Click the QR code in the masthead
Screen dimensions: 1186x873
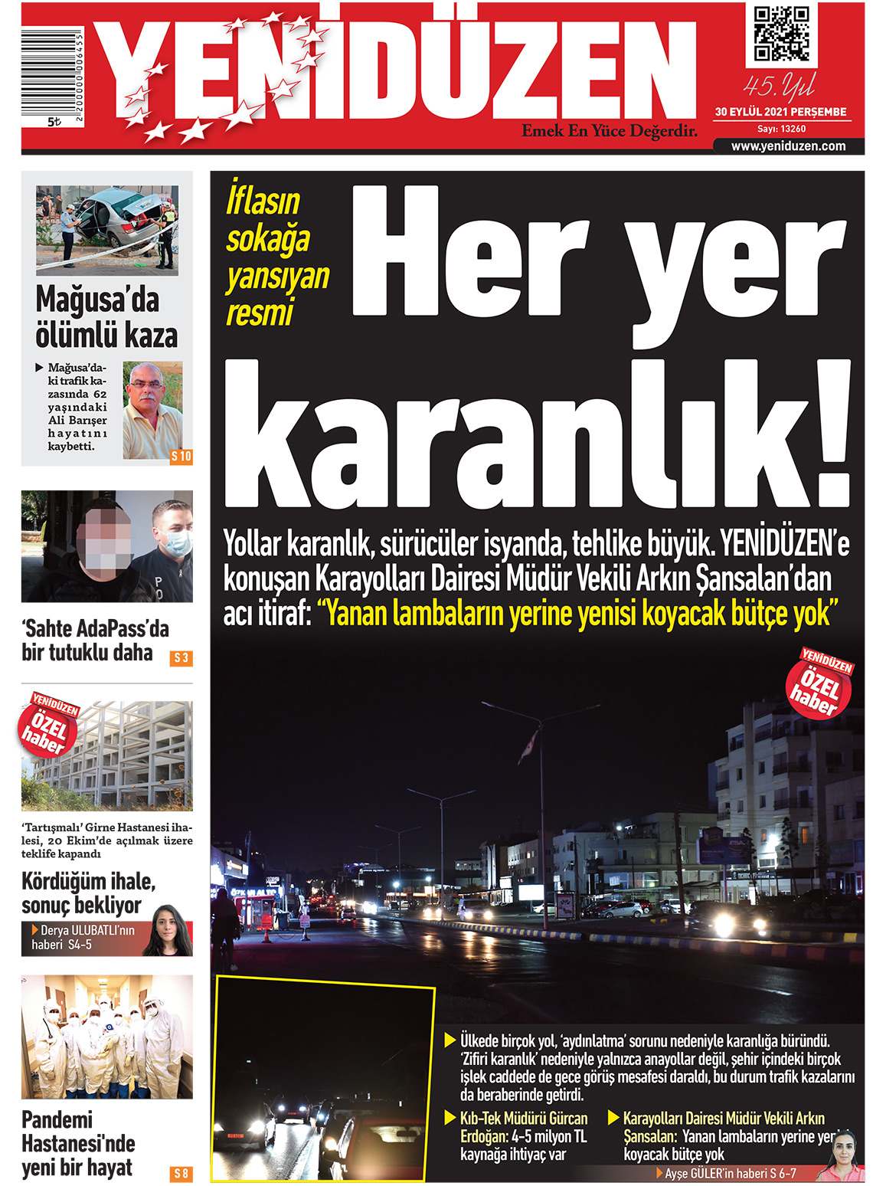(781, 34)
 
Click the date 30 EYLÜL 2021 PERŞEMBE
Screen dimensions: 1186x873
(780, 112)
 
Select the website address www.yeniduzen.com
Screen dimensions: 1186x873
(788, 146)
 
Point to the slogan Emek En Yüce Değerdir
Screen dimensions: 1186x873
(610, 131)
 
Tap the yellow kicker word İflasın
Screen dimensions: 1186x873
(263, 201)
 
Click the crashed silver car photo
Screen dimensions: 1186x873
(107, 230)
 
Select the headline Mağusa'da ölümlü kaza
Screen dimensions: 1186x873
(106, 317)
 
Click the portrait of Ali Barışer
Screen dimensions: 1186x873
(152, 410)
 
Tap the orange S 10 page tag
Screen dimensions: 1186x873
(181, 457)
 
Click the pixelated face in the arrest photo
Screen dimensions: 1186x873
(108, 539)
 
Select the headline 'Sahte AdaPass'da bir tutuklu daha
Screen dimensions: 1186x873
(95, 641)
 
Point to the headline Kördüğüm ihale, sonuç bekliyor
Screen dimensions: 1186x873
(88, 893)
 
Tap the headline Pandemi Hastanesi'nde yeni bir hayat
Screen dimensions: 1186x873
(78, 1143)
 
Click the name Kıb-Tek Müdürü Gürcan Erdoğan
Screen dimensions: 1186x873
(523, 1127)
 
